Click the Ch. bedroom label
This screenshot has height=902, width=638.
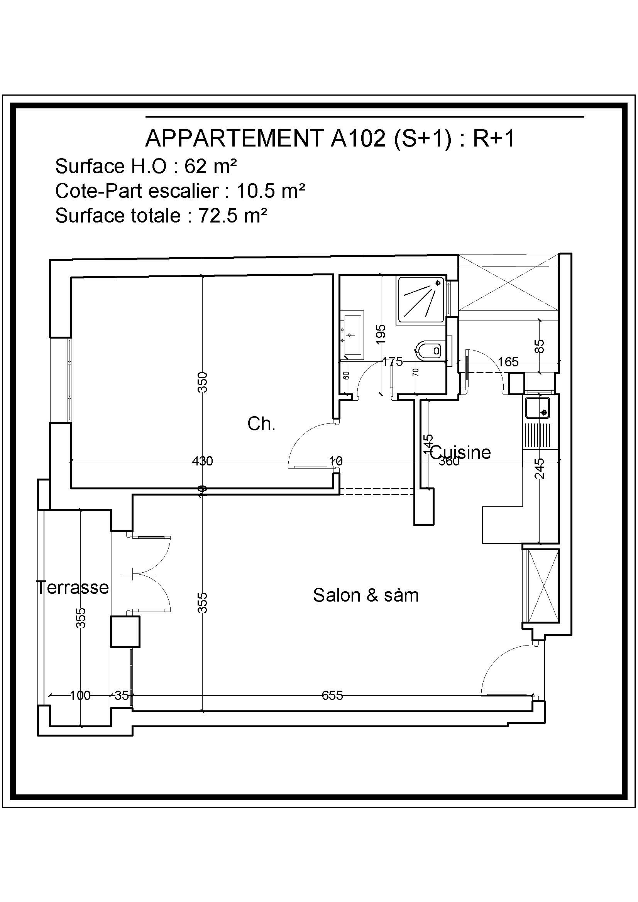coord(261,424)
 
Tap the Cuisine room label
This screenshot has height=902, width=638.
coord(460,452)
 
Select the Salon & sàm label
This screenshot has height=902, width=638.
coord(366,595)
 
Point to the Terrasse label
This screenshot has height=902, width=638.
coord(73,587)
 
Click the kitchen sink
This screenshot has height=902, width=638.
coord(537,408)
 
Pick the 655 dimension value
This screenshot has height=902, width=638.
coord(332,696)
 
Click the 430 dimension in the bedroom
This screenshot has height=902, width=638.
coord(203,461)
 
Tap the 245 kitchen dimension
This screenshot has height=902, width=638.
coord(540,468)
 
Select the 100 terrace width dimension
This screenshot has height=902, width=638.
coord(80,696)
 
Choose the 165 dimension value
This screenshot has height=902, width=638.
coord(508,362)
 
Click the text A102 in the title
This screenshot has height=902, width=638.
coord(358,138)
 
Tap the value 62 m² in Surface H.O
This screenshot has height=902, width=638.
coord(211,166)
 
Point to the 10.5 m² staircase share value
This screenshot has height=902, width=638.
coord(271,191)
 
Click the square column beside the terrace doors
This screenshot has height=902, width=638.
coord(125,632)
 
